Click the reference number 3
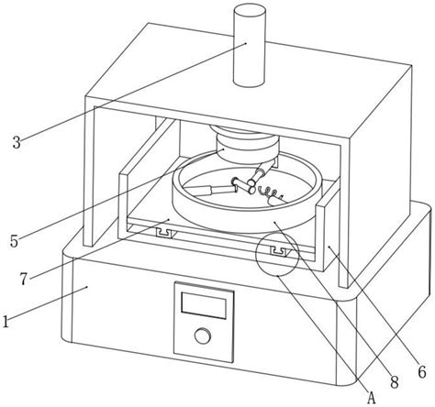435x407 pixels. pyautogui.click(x=17, y=142)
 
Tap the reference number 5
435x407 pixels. pyautogui.click(x=14, y=241)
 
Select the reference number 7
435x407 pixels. pyautogui.click(x=25, y=279)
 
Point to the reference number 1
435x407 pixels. pyautogui.click(x=6, y=322)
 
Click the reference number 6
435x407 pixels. pyautogui.click(x=422, y=372)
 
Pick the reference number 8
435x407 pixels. pyautogui.click(x=395, y=382)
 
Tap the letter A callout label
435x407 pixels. pyautogui.click(x=371, y=397)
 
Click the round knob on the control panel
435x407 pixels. pyautogui.click(x=203, y=335)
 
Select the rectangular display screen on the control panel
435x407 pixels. pyautogui.click(x=204, y=305)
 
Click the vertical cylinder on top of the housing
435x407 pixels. pyautogui.click(x=249, y=45)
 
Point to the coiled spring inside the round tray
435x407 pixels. pyautogui.click(x=269, y=193)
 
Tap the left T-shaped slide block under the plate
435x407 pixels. pyautogui.click(x=165, y=233)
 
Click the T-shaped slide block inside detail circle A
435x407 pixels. pyautogui.click(x=279, y=251)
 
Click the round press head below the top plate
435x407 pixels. pyautogui.click(x=248, y=144)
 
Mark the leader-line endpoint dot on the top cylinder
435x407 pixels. pyautogui.click(x=246, y=43)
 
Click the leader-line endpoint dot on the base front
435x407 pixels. pyautogui.click(x=88, y=287)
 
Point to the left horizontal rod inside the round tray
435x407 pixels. pyautogui.click(x=211, y=191)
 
